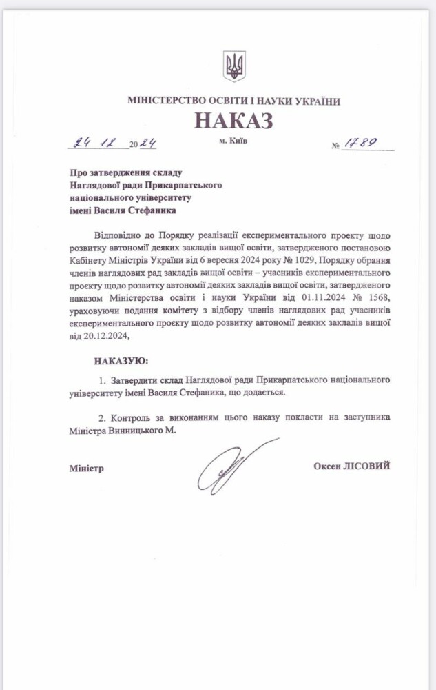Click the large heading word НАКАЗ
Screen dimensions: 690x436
(x=234, y=121)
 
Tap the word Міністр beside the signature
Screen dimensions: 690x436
(x=86, y=469)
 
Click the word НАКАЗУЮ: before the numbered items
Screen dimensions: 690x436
(x=121, y=361)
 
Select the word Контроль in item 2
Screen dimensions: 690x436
(x=130, y=417)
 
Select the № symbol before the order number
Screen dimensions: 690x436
(x=336, y=146)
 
